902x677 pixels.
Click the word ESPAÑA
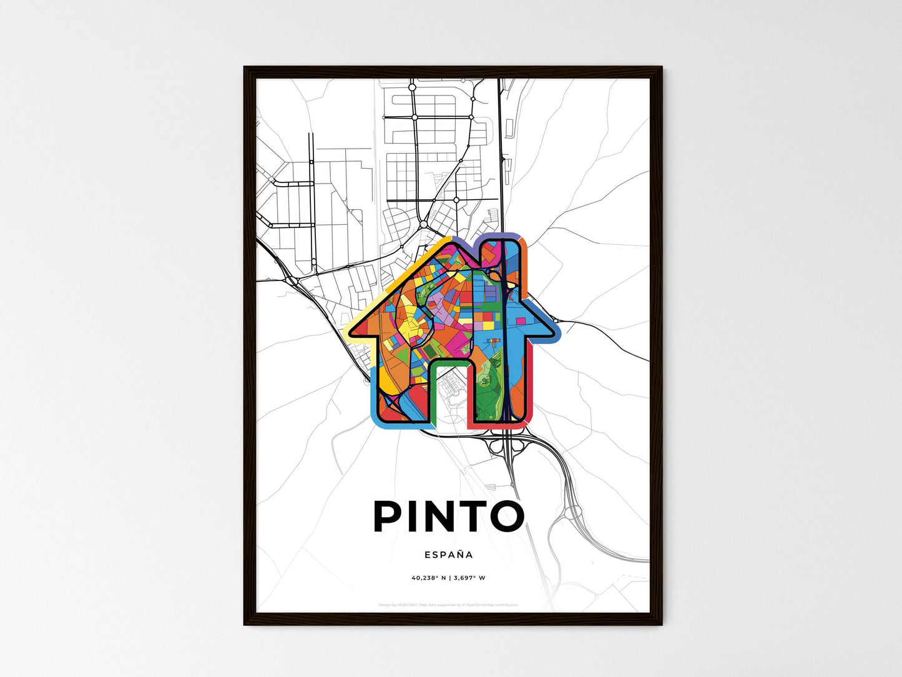pyautogui.click(x=449, y=555)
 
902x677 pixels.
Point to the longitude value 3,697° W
pyautogui.click(x=469, y=578)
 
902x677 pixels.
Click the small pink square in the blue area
pyautogui.click(x=520, y=321)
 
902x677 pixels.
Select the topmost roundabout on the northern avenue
pyautogui.click(x=412, y=88)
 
